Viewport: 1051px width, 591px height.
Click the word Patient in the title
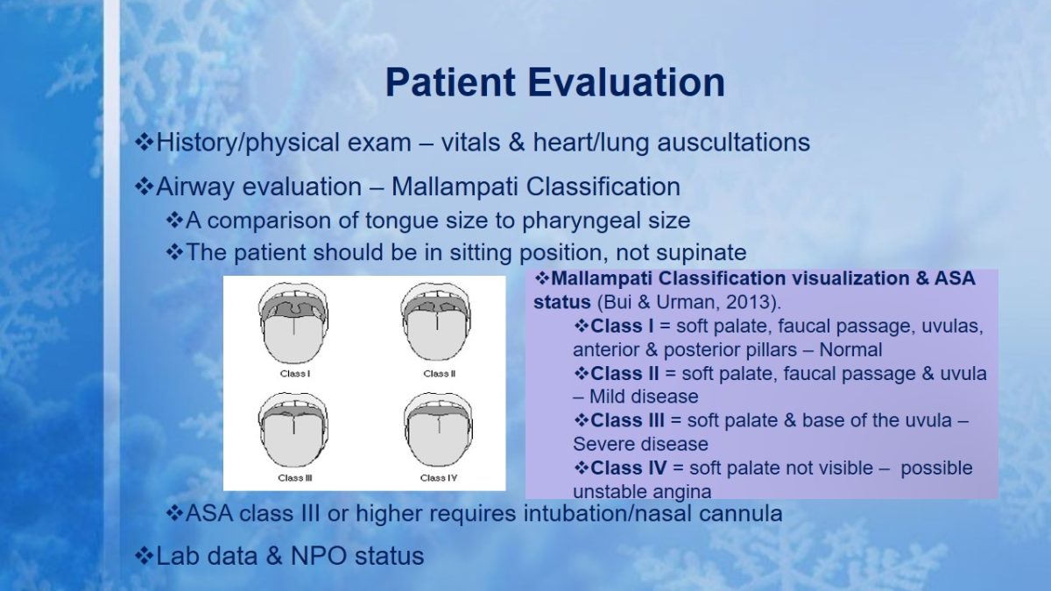click(450, 82)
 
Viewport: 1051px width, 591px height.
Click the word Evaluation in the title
click(626, 82)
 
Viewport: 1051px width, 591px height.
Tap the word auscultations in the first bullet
click(734, 142)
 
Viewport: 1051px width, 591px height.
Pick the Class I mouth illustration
click(293, 323)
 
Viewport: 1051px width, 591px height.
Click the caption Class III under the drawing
click(295, 478)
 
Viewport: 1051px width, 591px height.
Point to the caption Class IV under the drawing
click(439, 478)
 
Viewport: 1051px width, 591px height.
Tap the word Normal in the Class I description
click(850, 350)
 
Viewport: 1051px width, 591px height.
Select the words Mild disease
click(644, 397)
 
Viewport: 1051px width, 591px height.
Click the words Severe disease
click(640, 444)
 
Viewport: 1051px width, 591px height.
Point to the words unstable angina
click(642, 492)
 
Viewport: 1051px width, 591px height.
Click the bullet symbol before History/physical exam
click(144, 142)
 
